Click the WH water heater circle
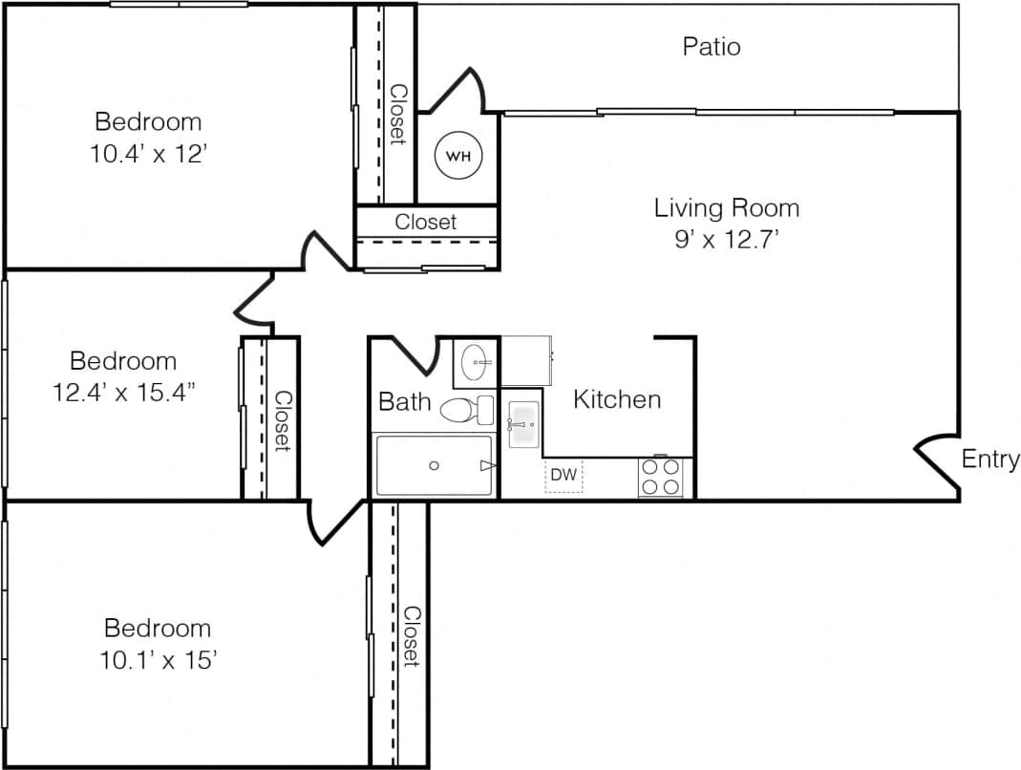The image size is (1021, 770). coord(459,155)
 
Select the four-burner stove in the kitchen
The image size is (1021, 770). coord(660,477)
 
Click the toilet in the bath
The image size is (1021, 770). coord(466,410)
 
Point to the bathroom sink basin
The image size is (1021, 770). coord(475,362)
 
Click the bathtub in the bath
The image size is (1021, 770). coord(435,465)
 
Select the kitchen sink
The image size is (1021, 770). coord(523,424)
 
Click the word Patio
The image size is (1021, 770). coord(712,46)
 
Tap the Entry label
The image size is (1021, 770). coord(989,460)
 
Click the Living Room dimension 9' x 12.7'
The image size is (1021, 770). coord(726,241)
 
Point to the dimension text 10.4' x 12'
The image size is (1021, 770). coord(148,155)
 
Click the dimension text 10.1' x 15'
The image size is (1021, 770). coord(158,660)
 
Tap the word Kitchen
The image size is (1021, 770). coord(617,399)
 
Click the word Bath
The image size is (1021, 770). coord(405,401)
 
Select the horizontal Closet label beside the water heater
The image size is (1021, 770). coord(426,222)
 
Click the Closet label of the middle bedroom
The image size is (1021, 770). coord(283,420)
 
